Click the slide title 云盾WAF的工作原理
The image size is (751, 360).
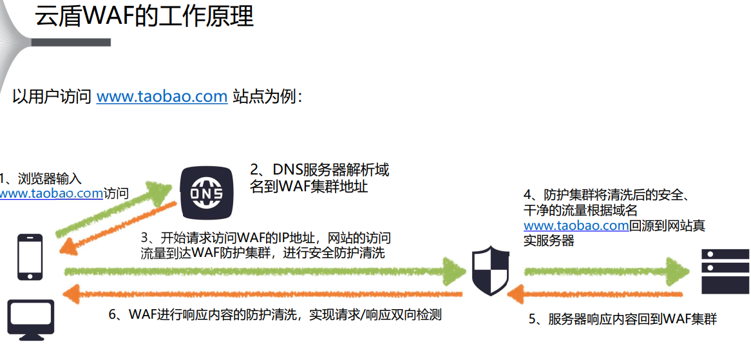coord(144,16)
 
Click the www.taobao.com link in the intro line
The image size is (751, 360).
coord(162,97)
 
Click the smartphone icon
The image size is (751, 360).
coord(30,257)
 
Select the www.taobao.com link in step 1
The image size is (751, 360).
coord(51,193)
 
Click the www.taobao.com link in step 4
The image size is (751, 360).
coord(576,226)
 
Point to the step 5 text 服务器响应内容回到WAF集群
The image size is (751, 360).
coord(623,319)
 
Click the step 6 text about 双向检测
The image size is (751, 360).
coord(275,315)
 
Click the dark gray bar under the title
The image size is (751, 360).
coord(71,43)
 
